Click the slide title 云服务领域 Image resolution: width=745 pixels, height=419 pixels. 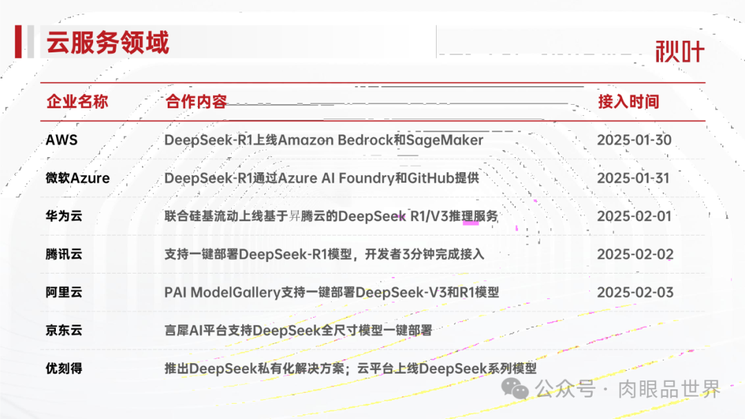click(x=108, y=43)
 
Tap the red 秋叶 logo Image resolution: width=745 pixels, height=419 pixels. click(x=679, y=51)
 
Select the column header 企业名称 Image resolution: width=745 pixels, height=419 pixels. click(x=77, y=102)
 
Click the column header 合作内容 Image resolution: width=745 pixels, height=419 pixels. click(x=196, y=102)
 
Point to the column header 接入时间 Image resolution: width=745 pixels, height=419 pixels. click(x=628, y=102)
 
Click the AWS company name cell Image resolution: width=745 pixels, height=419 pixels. click(x=61, y=140)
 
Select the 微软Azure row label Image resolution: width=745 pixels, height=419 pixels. click(x=78, y=178)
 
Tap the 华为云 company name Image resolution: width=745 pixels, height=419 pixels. click(x=64, y=216)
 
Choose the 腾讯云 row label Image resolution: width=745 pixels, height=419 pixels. click(x=64, y=254)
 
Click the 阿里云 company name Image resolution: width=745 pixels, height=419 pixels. click(x=64, y=292)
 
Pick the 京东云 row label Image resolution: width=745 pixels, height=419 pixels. click(x=64, y=330)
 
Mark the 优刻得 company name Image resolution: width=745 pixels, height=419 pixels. click(x=64, y=368)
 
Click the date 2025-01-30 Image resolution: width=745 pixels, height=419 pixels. click(x=634, y=140)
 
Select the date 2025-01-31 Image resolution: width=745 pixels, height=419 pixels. click(x=633, y=178)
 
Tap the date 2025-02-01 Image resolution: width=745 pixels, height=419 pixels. click(x=634, y=216)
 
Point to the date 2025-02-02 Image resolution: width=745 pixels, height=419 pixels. click(x=635, y=254)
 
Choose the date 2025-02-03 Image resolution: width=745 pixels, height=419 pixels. click(x=635, y=292)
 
